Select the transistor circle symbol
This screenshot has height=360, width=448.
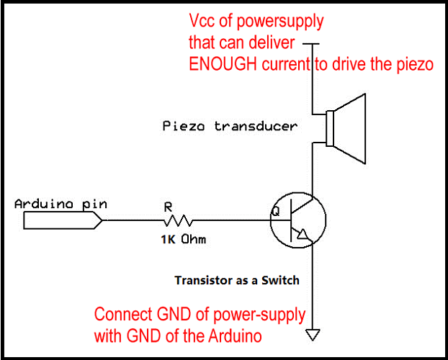click(298, 220)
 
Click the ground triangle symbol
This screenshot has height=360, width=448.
click(313, 334)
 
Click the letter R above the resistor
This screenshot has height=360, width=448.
click(169, 206)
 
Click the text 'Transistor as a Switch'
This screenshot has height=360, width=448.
click(237, 279)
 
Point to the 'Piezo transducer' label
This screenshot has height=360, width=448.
click(230, 127)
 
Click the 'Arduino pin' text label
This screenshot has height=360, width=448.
click(61, 204)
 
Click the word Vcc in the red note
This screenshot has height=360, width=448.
click(201, 21)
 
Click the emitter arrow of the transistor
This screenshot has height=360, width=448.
click(306, 235)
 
